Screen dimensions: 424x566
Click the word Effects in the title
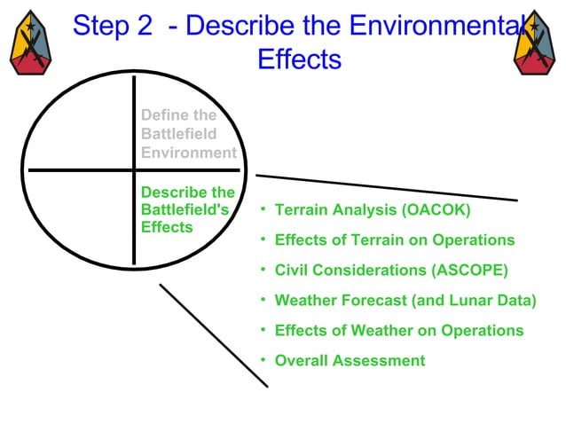299,59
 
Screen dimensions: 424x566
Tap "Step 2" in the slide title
113,26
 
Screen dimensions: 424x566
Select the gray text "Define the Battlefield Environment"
188,134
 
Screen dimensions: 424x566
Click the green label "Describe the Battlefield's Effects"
188,209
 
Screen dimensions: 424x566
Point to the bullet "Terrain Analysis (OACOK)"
373,210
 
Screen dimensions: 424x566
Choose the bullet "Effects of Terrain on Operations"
395,240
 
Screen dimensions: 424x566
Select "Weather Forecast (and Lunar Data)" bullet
405,301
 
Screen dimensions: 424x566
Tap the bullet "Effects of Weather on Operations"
399,331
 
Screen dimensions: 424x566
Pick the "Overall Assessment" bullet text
350,361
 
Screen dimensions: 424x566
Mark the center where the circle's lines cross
134,169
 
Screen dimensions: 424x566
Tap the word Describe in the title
250,26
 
